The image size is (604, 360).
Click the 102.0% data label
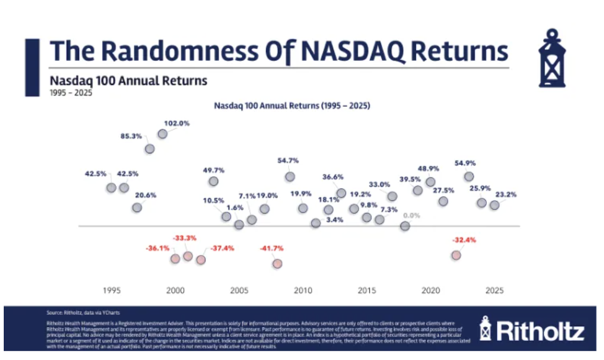pos(177,123)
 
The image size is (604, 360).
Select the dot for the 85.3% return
pos(150,149)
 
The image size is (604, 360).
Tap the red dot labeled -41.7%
pos(277,263)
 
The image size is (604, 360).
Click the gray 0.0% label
pos(412,216)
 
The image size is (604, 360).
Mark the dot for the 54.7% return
pos(290,176)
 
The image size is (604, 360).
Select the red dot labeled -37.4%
pos(200,260)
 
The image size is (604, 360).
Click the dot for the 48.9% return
pos(430,182)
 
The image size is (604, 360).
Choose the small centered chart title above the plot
pos(292,106)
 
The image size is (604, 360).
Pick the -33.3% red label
pos(184,238)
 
